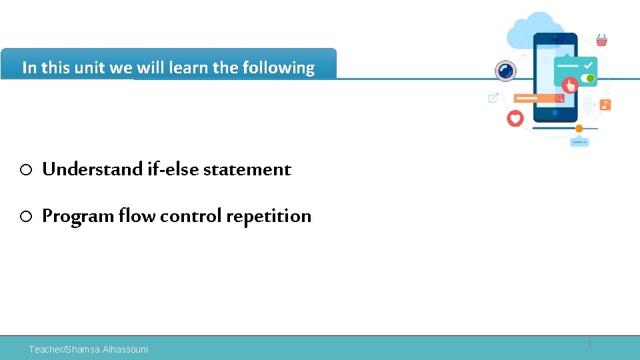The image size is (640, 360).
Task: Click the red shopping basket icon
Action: coord(601,41)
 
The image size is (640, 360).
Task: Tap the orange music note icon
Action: coord(605,105)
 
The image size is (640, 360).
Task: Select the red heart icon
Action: coord(515,119)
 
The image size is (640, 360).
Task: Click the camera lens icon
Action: coord(505,71)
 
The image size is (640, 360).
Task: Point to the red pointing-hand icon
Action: coord(570,85)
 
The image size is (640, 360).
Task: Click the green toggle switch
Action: coord(589,79)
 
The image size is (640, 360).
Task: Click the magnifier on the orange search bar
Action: coord(560,98)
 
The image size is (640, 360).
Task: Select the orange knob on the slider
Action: coord(579,128)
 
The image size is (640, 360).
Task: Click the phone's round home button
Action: coord(555,113)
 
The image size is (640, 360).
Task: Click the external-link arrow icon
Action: coord(493,98)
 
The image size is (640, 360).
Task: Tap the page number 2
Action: coord(589,344)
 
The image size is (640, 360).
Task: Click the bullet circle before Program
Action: coord(26,217)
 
